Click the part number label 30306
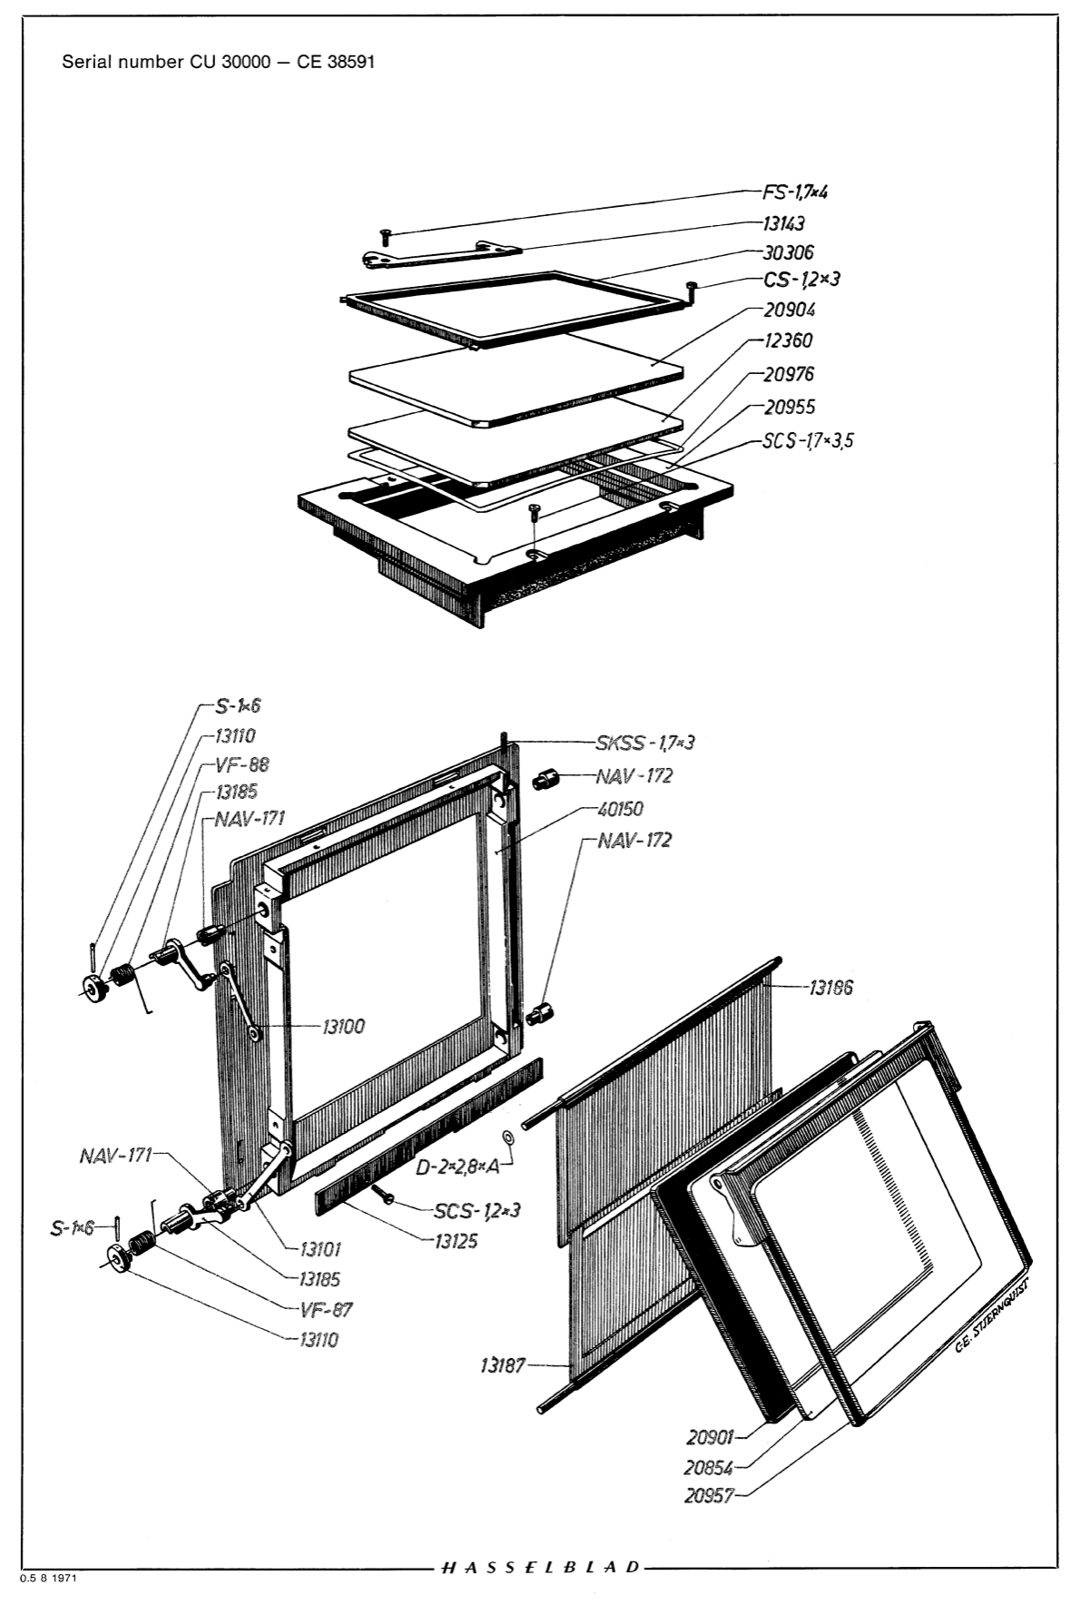click(x=788, y=252)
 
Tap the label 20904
click(x=789, y=310)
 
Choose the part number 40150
click(x=623, y=808)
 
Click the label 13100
click(x=342, y=1026)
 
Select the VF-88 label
click(x=241, y=764)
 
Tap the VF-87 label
click(x=325, y=1309)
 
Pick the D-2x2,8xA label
click(x=457, y=1167)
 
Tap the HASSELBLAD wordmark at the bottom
click(x=541, y=1567)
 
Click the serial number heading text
click(x=218, y=63)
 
